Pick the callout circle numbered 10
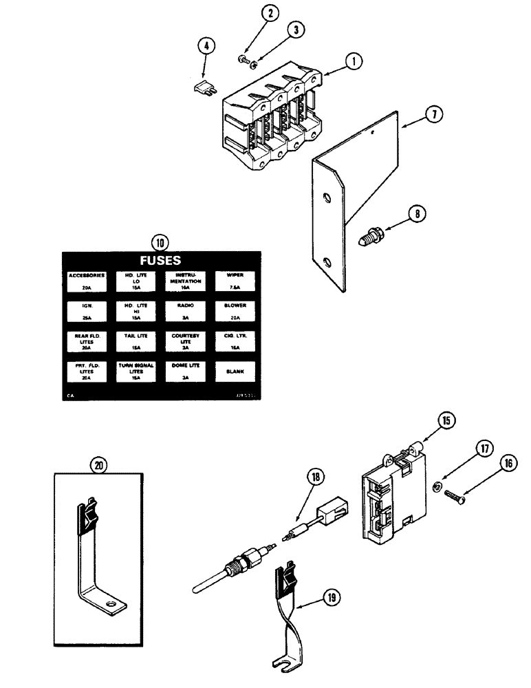160,242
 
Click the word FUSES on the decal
160,261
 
